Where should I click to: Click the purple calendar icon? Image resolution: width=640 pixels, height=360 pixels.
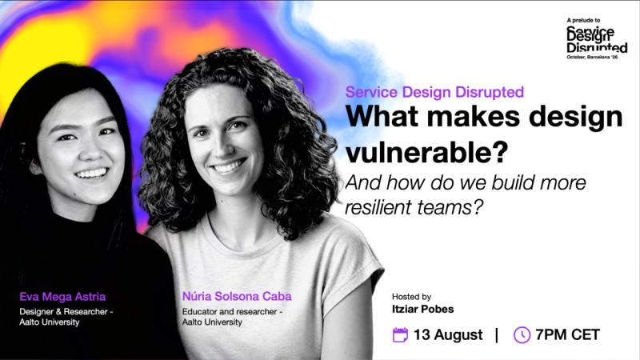click(x=400, y=334)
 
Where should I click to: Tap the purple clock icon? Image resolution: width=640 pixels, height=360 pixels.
click(x=522, y=334)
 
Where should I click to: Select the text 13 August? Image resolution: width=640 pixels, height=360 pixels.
click(x=448, y=334)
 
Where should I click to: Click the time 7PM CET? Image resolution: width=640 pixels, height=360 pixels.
click(x=567, y=334)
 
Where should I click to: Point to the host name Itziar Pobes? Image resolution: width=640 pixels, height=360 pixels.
click(x=422, y=309)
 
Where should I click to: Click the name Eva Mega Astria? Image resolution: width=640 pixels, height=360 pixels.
click(x=62, y=296)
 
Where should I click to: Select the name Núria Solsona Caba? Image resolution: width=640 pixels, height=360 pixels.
click(x=237, y=296)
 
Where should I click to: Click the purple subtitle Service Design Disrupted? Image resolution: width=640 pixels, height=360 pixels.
click(x=434, y=92)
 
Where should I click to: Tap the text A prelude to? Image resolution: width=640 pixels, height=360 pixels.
click(x=583, y=20)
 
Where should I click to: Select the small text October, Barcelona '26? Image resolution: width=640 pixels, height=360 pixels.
click(x=592, y=57)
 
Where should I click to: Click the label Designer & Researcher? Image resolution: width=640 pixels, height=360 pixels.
click(x=63, y=311)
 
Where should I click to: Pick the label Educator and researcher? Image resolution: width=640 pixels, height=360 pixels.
click(x=230, y=311)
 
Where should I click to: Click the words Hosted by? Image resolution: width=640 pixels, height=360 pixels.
click(x=411, y=297)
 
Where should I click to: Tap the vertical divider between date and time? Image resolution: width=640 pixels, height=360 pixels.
click(x=497, y=334)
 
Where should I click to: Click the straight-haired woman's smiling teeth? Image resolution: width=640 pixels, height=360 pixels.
click(x=91, y=174)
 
